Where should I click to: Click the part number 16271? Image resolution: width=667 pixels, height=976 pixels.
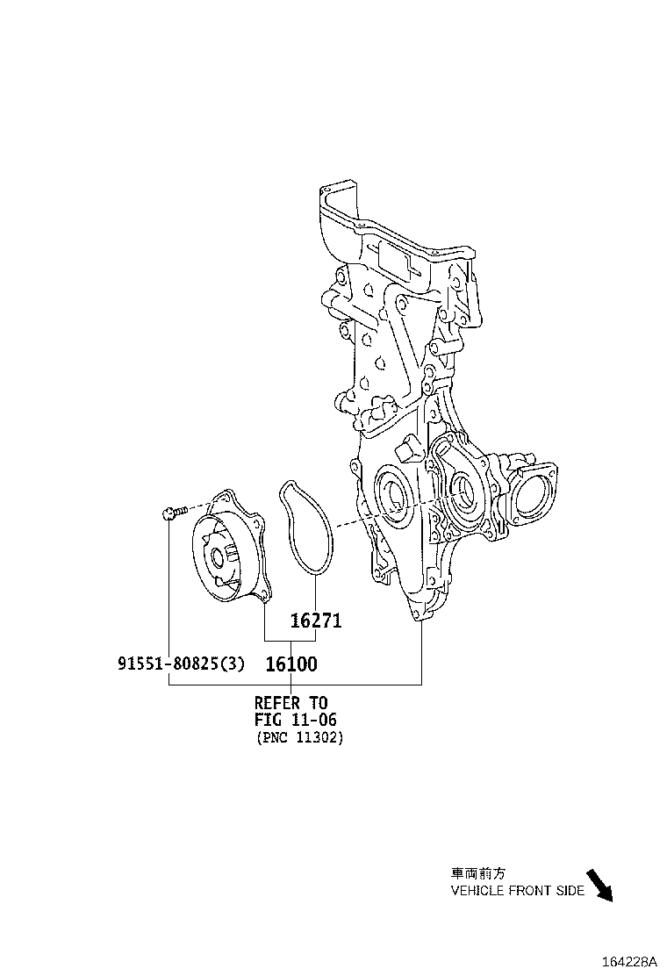[316, 621]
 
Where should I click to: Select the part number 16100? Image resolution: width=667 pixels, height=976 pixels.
[291, 664]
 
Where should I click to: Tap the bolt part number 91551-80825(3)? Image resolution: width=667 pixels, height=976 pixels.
[181, 664]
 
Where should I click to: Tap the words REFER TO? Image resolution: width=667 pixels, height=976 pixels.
[290, 703]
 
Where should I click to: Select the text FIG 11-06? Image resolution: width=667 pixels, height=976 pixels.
[295, 720]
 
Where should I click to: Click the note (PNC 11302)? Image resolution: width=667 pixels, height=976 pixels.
[300, 738]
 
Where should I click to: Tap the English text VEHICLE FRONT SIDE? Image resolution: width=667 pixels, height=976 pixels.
[517, 891]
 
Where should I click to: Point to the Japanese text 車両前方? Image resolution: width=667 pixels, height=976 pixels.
[478, 873]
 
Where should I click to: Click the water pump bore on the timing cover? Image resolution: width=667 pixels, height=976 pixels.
[462, 493]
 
